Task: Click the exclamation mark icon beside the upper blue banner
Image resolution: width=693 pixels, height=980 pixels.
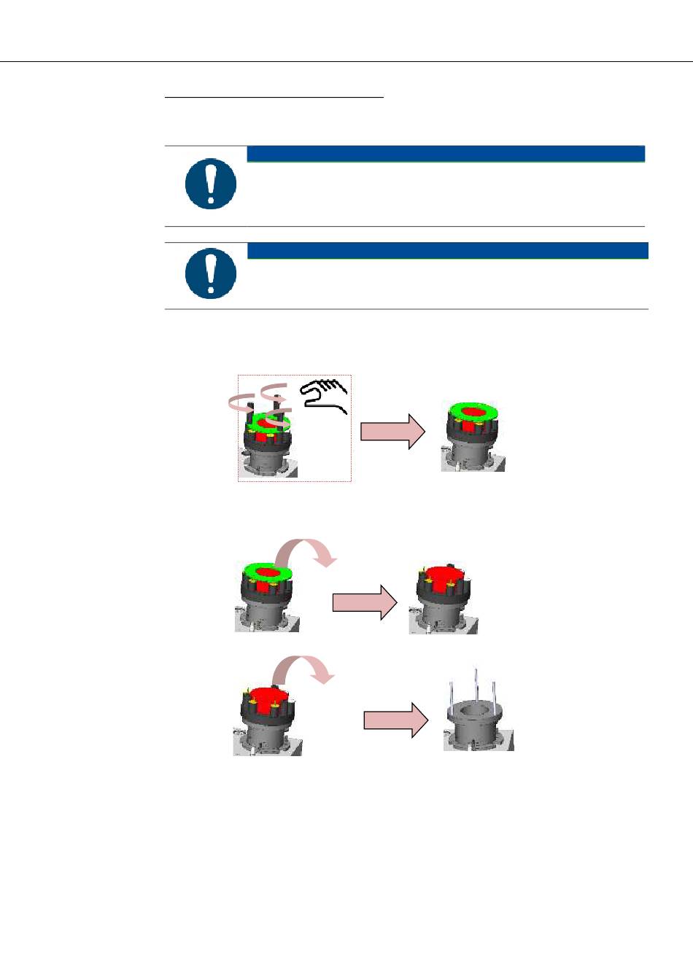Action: coord(210,184)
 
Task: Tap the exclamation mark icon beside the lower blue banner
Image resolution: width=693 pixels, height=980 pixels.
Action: coord(210,274)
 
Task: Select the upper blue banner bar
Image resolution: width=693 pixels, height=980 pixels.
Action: coord(446,153)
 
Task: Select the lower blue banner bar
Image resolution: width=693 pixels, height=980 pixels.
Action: coord(447,250)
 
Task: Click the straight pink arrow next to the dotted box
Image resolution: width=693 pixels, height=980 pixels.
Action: coord(392,431)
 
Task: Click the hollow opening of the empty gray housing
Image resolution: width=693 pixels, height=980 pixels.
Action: coord(478,709)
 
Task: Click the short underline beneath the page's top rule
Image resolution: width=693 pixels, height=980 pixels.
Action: coord(274,96)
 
